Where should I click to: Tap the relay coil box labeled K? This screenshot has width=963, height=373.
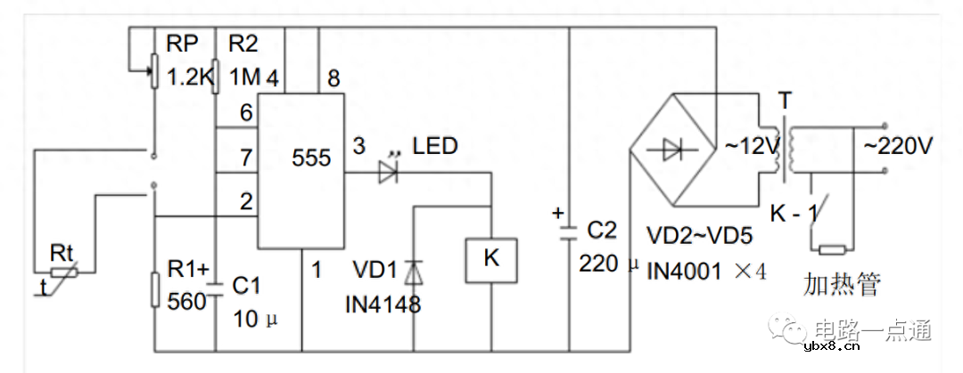click(490, 259)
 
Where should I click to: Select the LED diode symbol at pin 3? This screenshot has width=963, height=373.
click(389, 173)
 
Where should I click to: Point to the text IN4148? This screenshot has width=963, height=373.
click(383, 304)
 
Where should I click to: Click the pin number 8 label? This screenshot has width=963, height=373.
click(333, 79)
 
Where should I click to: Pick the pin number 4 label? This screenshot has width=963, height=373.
click(272, 79)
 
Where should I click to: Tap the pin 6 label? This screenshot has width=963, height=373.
click(247, 112)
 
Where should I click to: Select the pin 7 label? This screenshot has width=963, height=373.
click(247, 158)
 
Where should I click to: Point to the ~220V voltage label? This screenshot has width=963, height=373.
click(893, 145)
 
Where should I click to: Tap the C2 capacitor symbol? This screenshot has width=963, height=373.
click(568, 233)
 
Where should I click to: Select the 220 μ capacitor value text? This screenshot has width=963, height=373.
click(610, 264)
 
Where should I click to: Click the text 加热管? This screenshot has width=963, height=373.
click(841, 285)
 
